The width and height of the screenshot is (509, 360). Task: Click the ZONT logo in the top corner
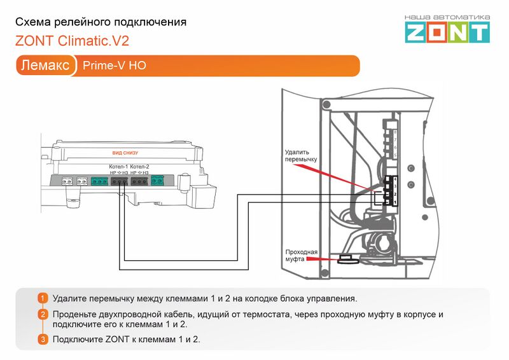448,32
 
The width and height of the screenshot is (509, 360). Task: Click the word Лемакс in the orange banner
45,66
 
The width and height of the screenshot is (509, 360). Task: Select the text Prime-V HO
109,66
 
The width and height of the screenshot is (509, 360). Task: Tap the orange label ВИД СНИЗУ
125,153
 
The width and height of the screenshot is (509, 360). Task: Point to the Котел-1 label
118,167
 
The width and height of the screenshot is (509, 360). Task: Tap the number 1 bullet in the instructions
43,298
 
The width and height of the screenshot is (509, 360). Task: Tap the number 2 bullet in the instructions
43,314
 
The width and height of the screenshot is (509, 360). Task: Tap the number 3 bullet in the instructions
43,340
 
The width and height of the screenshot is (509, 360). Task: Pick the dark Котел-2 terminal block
139,181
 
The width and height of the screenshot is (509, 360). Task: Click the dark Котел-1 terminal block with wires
119,181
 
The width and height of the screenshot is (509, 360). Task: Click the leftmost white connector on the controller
67,181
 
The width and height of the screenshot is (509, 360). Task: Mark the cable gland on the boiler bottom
347,259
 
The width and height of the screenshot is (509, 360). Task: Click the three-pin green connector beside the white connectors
99,181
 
